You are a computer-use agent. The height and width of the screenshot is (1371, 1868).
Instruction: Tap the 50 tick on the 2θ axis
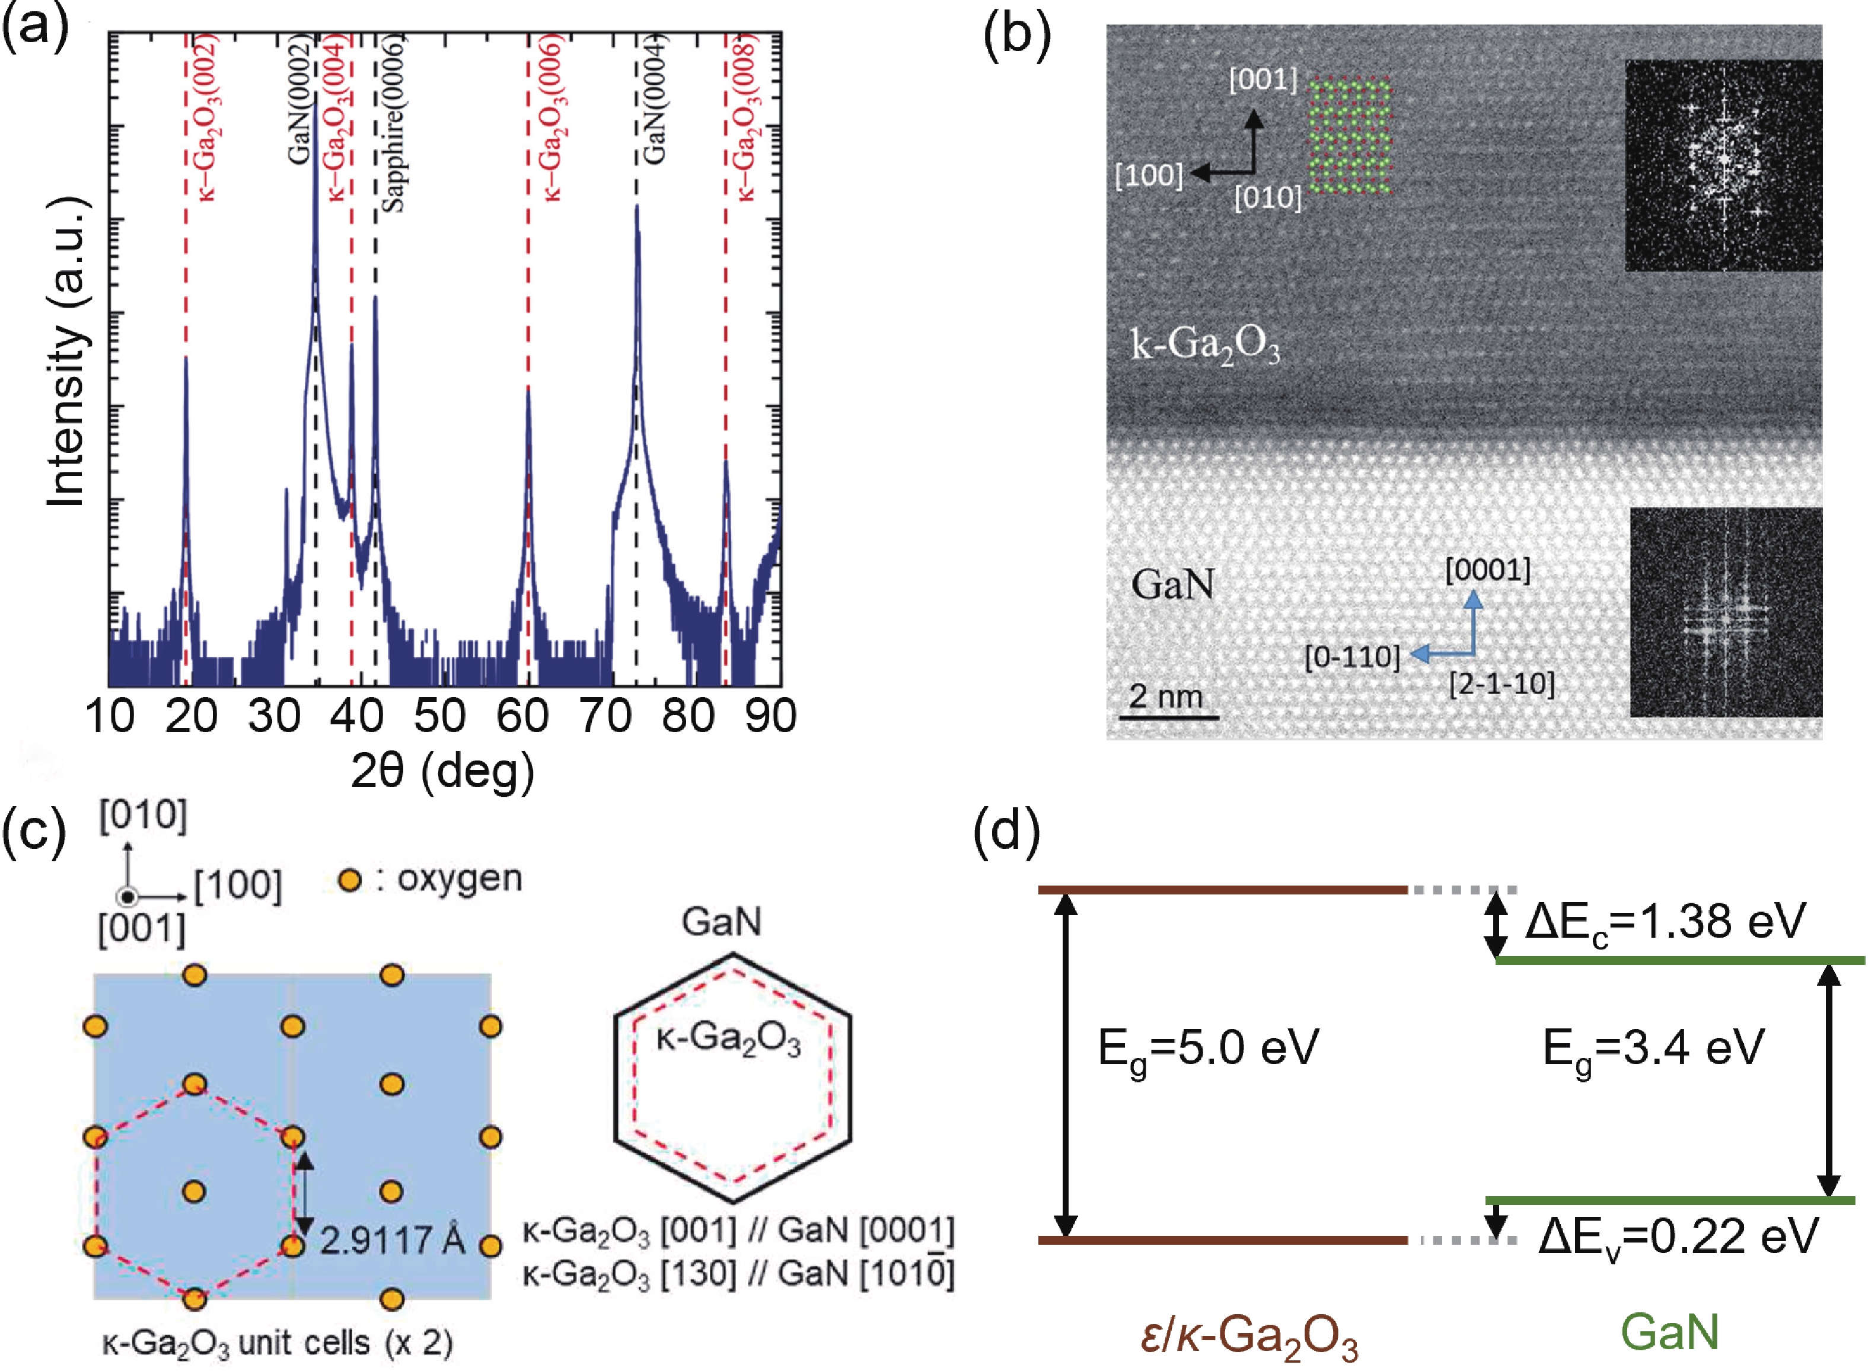(x=440, y=715)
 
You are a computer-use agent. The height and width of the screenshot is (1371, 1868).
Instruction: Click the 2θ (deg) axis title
(x=442, y=771)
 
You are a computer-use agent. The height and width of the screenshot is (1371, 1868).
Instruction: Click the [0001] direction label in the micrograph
(x=1488, y=570)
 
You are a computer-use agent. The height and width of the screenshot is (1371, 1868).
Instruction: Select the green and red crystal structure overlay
(x=1349, y=136)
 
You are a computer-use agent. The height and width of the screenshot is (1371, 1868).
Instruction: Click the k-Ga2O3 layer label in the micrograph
(x=1206, y=344)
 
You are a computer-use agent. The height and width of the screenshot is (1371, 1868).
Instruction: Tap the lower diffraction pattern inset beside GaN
(x=1726, y=612)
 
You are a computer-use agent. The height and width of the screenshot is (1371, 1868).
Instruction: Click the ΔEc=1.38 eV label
(x=1665, y=921)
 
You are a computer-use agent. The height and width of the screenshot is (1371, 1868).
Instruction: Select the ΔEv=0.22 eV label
(x=1678, y=1236)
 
